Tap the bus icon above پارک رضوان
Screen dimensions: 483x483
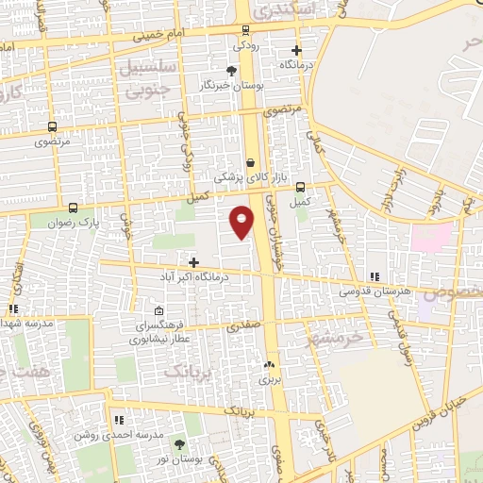tap(74, 210)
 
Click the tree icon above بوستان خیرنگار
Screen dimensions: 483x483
tap(232, 70)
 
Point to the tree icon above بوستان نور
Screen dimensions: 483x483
tap(179, 443)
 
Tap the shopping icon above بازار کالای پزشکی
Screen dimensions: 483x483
tap(249, 161)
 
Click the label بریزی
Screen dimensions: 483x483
tap(271, 380)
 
